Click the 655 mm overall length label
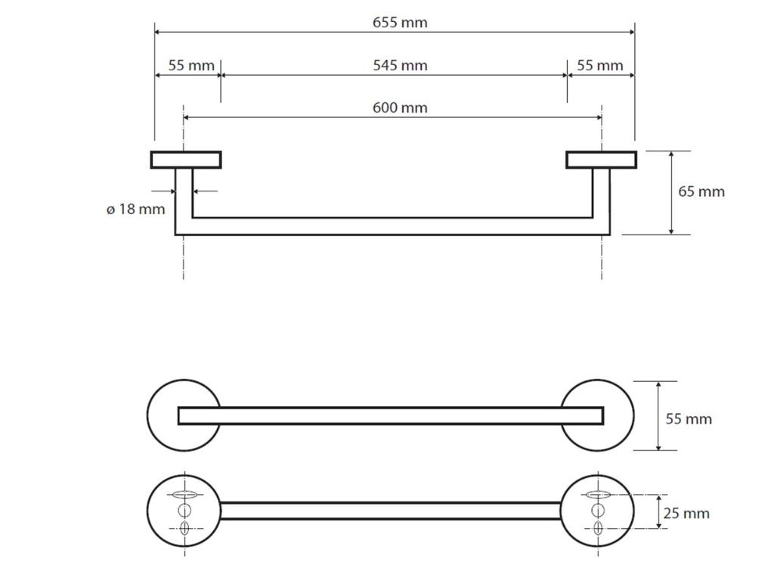pyautogui.click(x=400, y=23)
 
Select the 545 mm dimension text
pyautogui.click(x=400, y=66)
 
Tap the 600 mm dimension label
pyautogui.click(x=400, y=108)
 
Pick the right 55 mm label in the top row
pyautogui.click(x=600, y=66)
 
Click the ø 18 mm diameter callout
pyautogui.click(x=135, y=210)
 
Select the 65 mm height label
pyautogui.click(x=701, y=191)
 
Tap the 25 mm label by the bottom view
pyautogui.click(x=686, y=514)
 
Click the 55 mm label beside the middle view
pyautogui.click(x=689, y=419)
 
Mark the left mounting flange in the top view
pyautogui.click(x=186, y=160)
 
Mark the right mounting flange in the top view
pyautogui.click(x=602, y=160)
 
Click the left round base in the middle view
pyautogui.click(x=163, y=415)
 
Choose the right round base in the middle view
pyautogui.click(x=618, y=415)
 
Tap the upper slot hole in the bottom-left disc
pyautogui.click(x=184, y=495)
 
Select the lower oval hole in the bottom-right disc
pyautogui.click(x=597, y=527)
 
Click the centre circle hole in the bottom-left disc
pyautogui.click(x=184, y=511)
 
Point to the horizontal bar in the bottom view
pyautogui.click(x=391, y=511)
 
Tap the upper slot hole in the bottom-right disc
pyautogui.click(x=597, y=495)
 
